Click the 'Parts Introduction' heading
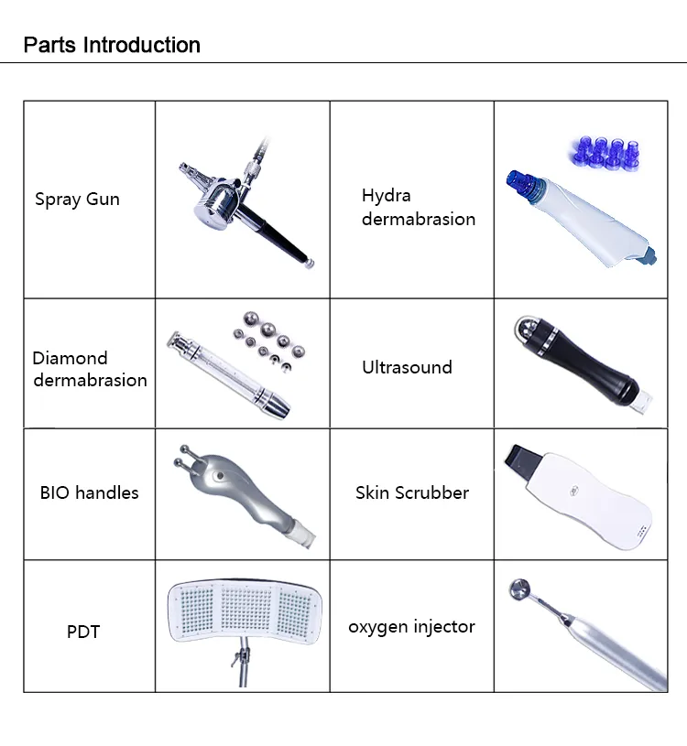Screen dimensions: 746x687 pos(112,45)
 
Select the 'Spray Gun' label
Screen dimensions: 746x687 pos(77,199)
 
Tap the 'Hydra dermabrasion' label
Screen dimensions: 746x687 pos(418,207)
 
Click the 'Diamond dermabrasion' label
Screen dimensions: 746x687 pos(90,369)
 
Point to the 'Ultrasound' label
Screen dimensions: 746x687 pos(407,367)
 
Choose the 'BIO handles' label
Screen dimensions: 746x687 pos(89,492)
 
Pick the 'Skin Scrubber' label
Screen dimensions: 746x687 pos(411,492)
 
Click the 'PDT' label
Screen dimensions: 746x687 pos(83,632)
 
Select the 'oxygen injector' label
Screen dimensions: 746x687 pos(411,627)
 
